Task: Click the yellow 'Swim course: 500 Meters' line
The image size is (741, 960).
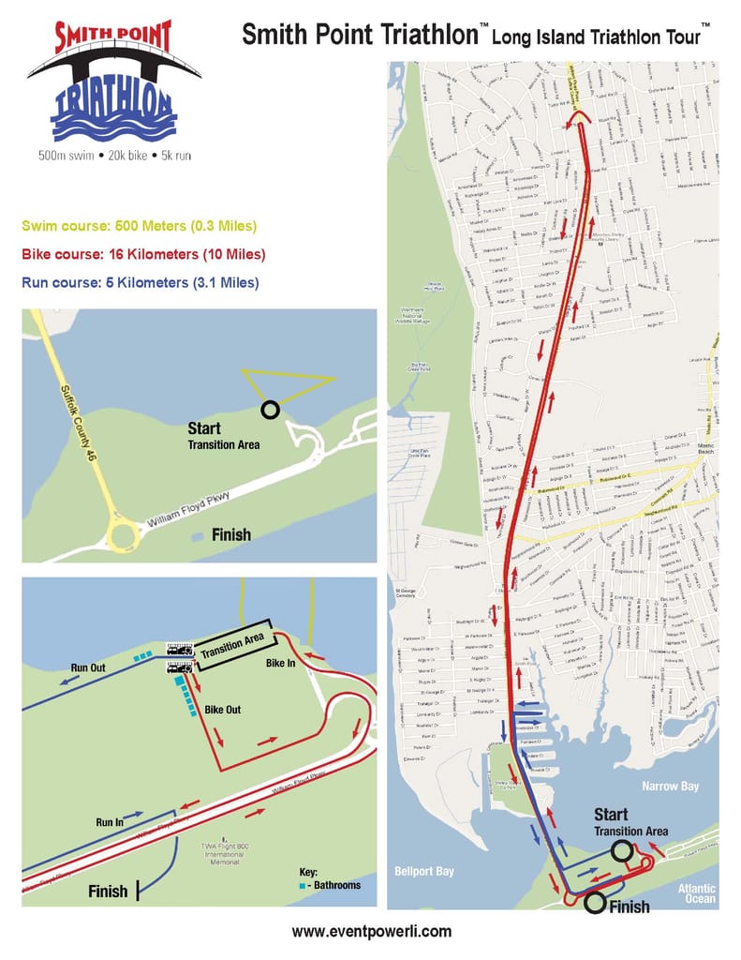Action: coord(139,227)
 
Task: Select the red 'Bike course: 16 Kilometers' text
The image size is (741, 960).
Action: coord(146,254)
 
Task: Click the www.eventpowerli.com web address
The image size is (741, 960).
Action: coord(371,931)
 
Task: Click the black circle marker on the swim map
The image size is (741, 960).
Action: coord(270,409)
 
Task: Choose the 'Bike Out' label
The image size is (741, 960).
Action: coord(223,710)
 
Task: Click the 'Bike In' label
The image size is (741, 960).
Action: coord(281,663)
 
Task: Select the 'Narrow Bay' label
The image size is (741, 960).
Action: coord(671,786)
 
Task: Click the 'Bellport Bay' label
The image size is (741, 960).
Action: coord(423,871)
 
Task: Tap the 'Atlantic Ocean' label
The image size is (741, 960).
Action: coord(697,894)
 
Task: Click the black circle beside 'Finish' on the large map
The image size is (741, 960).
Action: coord(594,904)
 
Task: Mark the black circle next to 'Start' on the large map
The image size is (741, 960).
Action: coord(621,850)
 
